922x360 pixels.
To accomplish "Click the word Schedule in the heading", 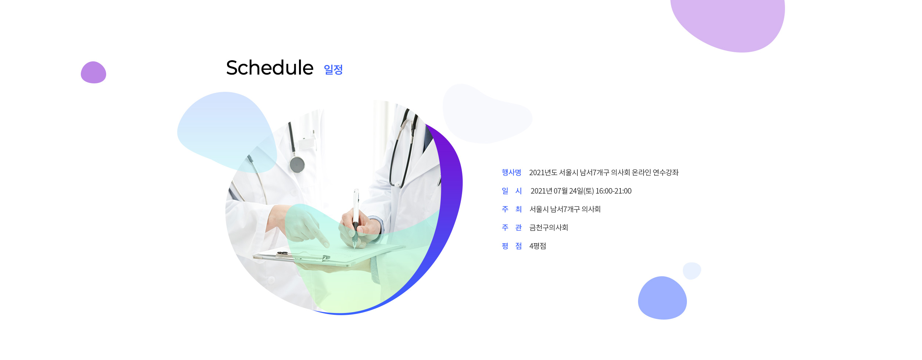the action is (x=270, y=68).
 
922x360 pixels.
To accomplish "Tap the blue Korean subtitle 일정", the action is (x=333, y=69).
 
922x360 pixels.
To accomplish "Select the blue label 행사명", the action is (x=511, y=172).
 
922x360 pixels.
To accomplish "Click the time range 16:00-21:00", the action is (x=613, y=191).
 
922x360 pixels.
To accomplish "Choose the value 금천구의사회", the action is (x=548, y=228).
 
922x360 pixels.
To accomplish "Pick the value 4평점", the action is (x=537, y=246).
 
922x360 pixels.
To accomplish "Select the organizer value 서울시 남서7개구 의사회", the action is (x=565, y=209).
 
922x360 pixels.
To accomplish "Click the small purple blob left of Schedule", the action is (x=93, y=72).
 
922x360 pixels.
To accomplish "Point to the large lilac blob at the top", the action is (x=727, y=24).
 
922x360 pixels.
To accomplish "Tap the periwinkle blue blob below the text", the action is (x=662, y=298).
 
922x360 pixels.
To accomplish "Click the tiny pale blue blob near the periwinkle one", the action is (x=692, y=271).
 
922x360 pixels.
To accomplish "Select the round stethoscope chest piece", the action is (x=297, y=165).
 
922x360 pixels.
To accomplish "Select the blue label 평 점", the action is (x=511, y=246).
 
